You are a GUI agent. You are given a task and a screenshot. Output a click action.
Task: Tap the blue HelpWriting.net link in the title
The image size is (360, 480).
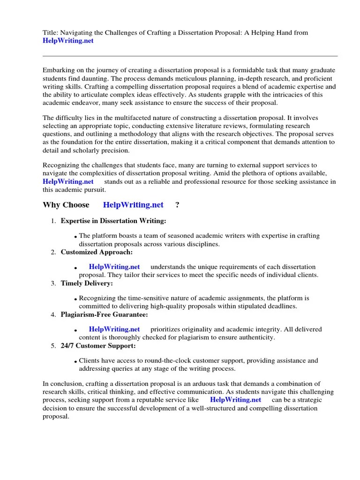click(68, 41)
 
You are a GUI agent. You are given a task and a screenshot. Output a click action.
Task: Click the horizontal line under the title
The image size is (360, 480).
click(190, 56)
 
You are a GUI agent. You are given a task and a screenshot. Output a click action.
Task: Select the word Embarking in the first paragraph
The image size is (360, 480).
click(60, 70)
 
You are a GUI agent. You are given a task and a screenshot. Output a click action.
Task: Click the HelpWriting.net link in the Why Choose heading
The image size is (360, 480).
click(133, 205)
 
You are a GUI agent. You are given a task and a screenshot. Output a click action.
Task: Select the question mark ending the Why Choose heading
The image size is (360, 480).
click(177, 205)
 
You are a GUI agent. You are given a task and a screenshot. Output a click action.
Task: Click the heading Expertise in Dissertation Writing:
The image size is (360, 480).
click(113, 221)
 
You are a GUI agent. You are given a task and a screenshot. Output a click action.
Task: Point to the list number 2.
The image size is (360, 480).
click(53, 253)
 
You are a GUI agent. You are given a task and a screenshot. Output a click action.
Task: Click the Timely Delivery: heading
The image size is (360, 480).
click(87, 283)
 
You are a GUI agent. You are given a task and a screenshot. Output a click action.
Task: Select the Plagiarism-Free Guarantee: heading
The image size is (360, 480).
click(105, 314)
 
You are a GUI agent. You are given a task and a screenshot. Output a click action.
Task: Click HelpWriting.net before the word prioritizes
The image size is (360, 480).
click(114, 329)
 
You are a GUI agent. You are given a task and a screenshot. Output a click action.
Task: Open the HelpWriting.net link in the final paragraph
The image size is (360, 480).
click(235, 400)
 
